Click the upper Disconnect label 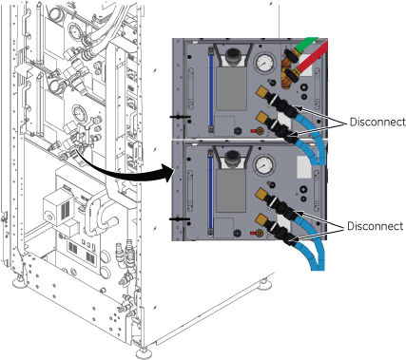pos(377,122)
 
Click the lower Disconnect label pos(376,226)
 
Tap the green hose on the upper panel pos(305,45)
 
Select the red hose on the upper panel pos(312,59)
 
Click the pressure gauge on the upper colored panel pos(264,63)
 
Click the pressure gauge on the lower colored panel pos(263,164)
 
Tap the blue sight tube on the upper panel pos(210,90)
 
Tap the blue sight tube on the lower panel pos(210,193)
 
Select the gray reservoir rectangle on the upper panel pos(231,88)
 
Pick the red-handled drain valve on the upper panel pos(257,131)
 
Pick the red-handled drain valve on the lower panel pos(257,234)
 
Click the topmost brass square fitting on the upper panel pos(262,91)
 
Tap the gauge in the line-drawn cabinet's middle pos(78,113)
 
